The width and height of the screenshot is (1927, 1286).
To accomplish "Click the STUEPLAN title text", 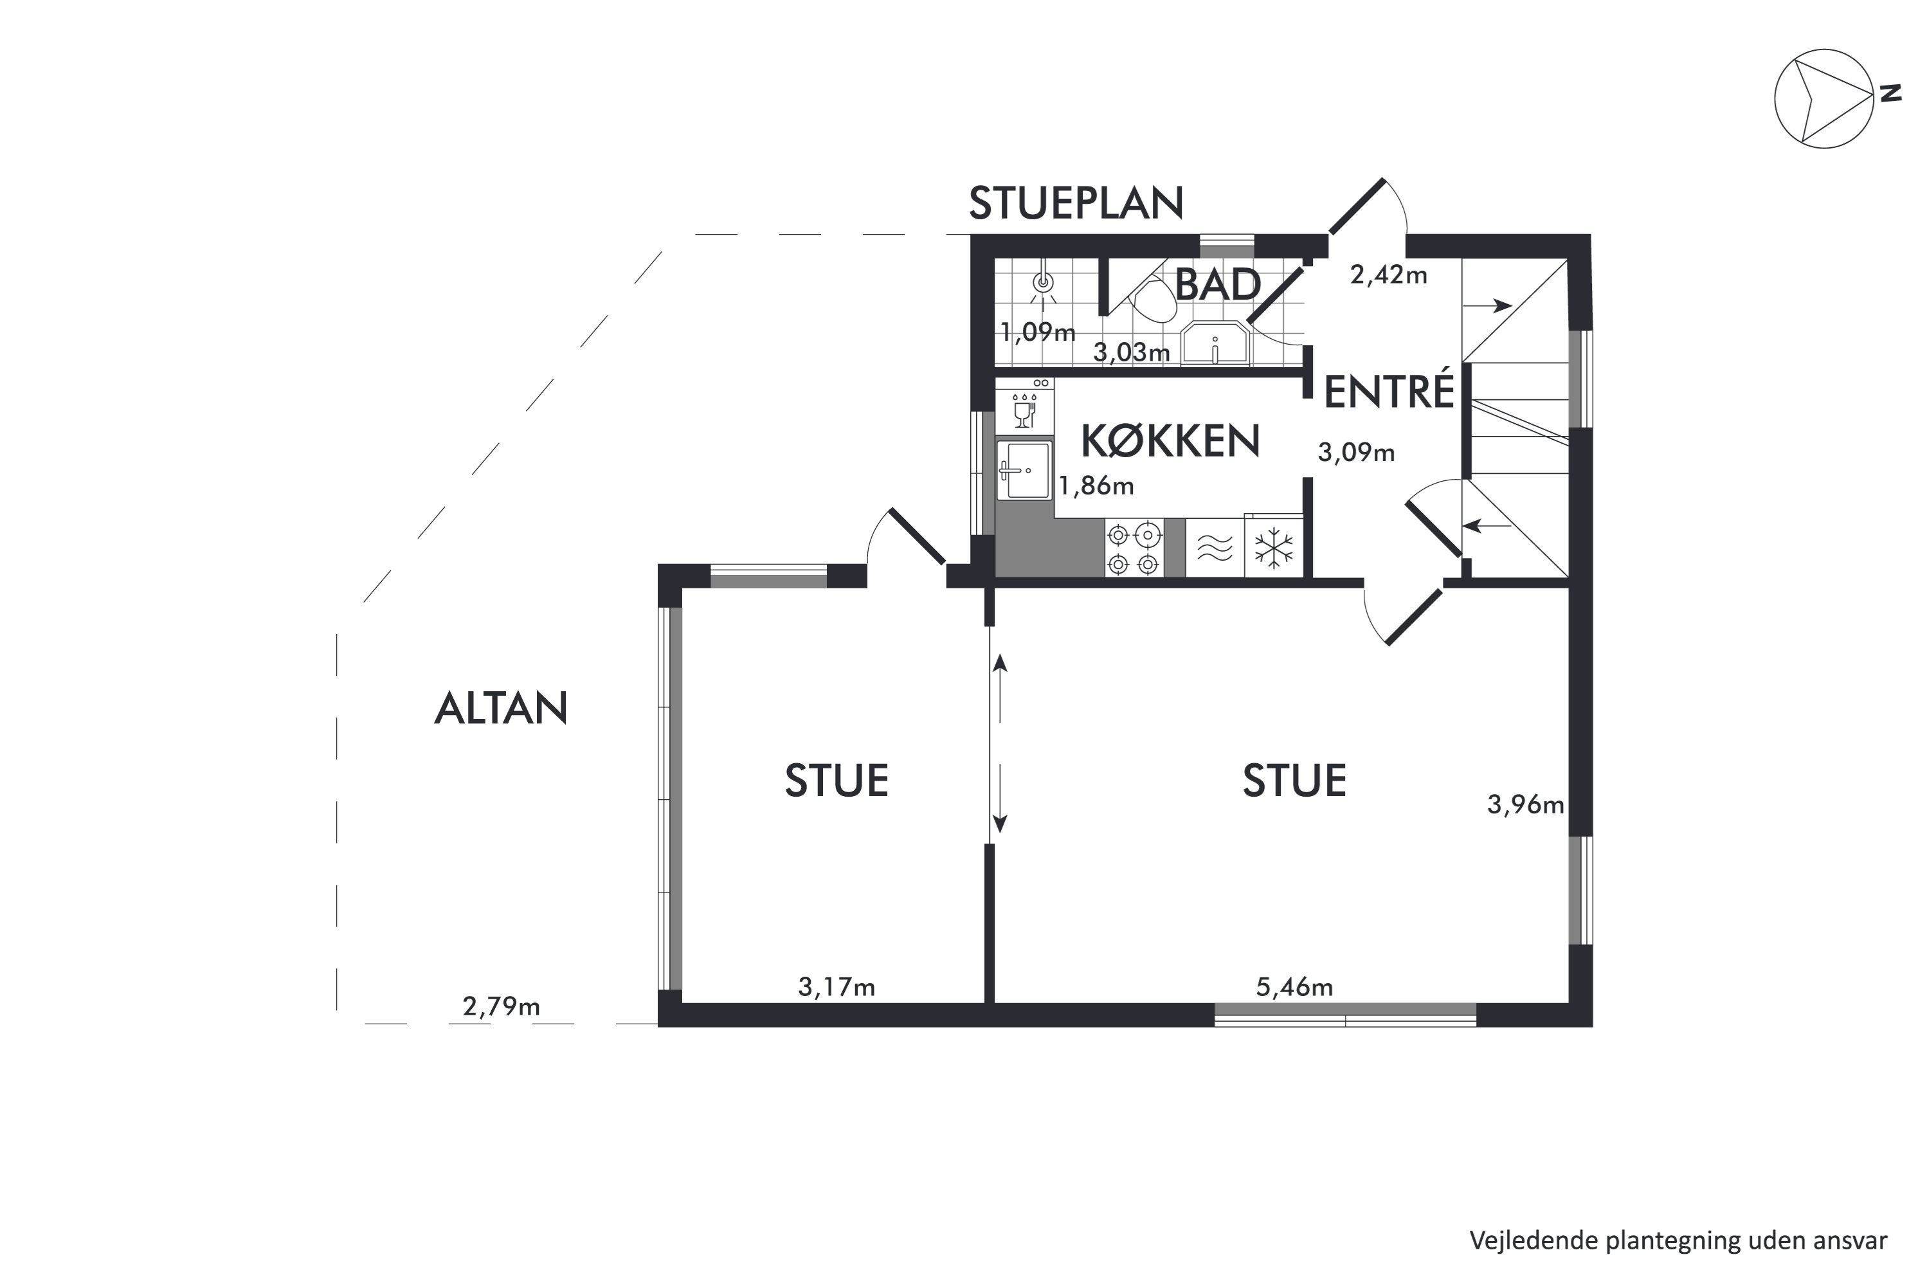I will [x=1076, y=203].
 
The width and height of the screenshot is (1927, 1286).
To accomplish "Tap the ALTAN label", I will [x=500, y=709].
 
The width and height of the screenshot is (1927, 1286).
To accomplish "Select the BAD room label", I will [x=1217, y=285].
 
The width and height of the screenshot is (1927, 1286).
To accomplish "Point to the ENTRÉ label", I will [x=1388, y=392].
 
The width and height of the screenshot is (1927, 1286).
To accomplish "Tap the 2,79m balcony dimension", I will [x=501, y=1006].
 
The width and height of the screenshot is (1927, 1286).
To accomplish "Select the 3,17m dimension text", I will [x=837, y=986].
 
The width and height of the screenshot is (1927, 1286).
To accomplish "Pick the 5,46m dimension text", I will [x=1294, y=986].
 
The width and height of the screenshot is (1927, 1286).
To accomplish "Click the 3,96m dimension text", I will [x=1525, y=804].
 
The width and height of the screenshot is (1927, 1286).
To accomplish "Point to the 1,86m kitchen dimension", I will [x=1096, y=486].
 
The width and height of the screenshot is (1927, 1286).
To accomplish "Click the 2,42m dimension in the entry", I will [x=1388, y=275].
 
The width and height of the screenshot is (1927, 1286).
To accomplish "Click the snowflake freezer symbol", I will [x=1274, y=547].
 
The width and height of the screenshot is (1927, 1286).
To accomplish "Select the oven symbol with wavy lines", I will [x=1215, y=547].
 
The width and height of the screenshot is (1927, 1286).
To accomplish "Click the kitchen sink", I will [x=1024, y=470].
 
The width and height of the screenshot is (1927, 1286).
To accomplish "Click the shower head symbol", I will [x=1043, y=284].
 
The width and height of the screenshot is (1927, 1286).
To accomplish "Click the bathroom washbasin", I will [x=1215, y=343].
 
